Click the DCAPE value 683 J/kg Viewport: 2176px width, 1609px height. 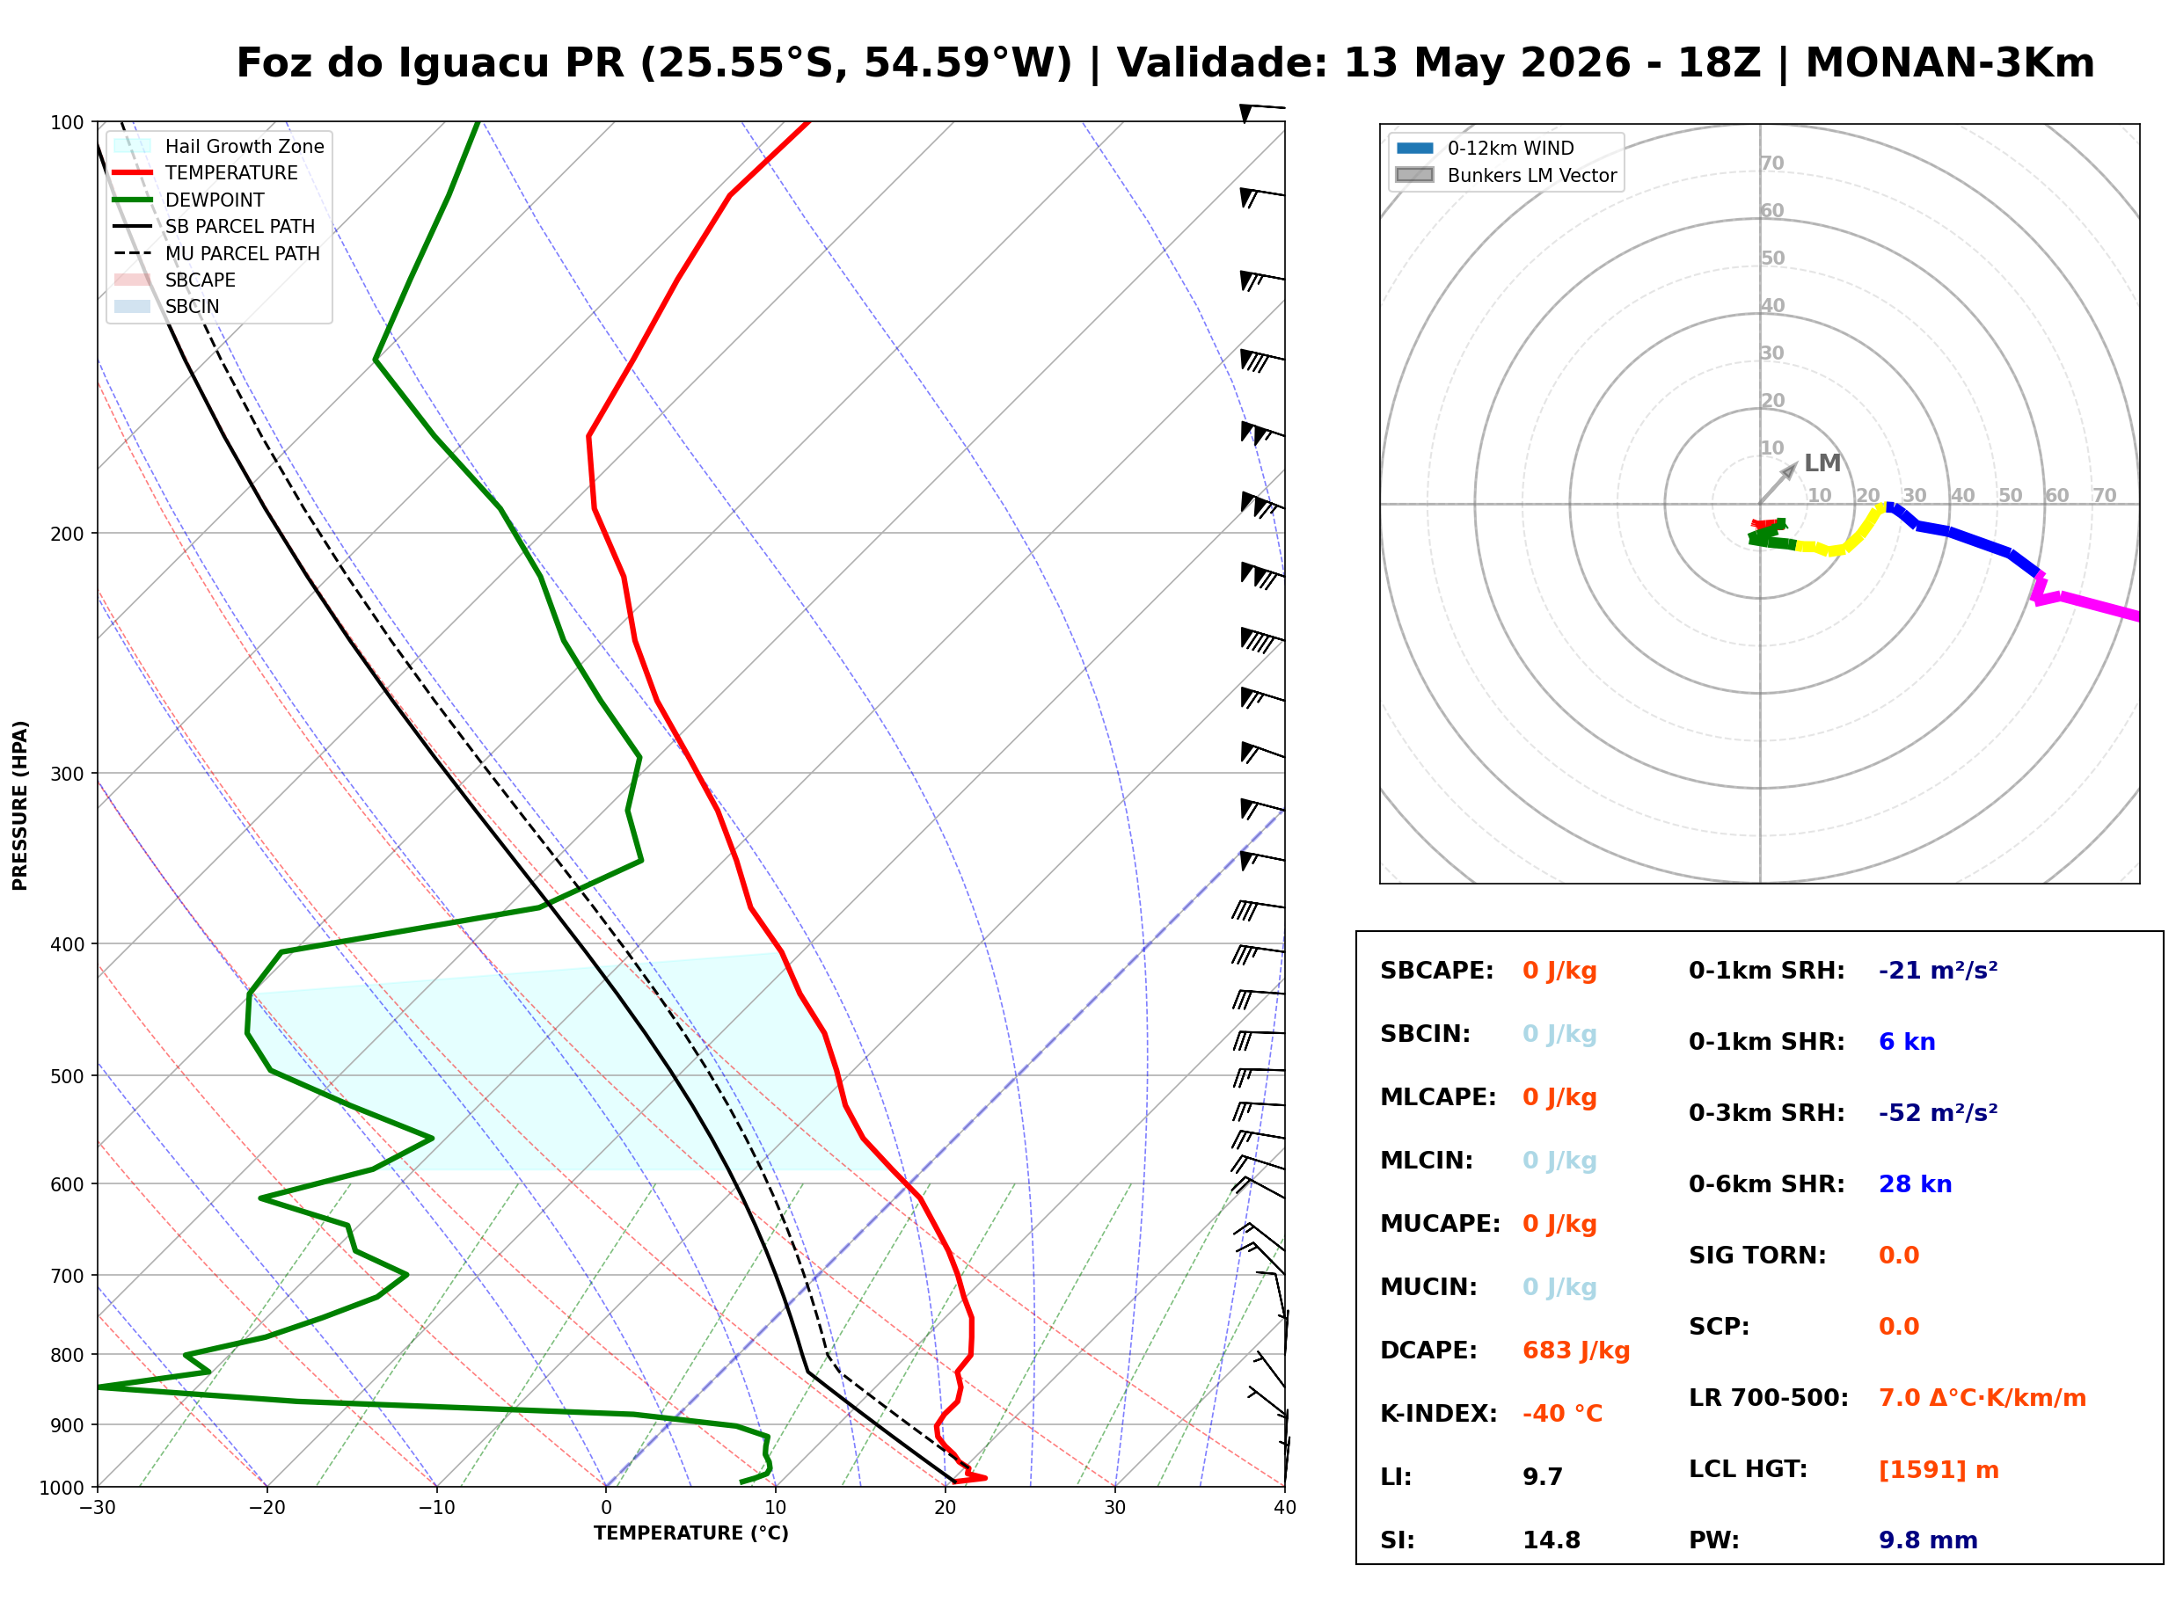1575,1350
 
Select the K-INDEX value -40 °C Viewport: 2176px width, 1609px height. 1561,1413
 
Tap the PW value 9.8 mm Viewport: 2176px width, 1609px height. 1928,1540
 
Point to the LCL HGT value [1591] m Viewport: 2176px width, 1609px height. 1939,1470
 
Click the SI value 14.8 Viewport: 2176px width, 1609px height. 1552,1540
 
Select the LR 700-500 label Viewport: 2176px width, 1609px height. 1768,1398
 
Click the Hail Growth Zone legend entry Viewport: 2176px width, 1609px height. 219,146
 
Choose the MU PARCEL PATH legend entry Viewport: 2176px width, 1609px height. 217,253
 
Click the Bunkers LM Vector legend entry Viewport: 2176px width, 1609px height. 1506,175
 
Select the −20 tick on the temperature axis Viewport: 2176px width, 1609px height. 266,1508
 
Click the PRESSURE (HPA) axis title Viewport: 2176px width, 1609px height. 19,804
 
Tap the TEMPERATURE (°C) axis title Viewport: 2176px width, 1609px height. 690,1533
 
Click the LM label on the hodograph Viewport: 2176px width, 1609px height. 1822,462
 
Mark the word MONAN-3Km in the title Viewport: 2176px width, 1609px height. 1949,63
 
